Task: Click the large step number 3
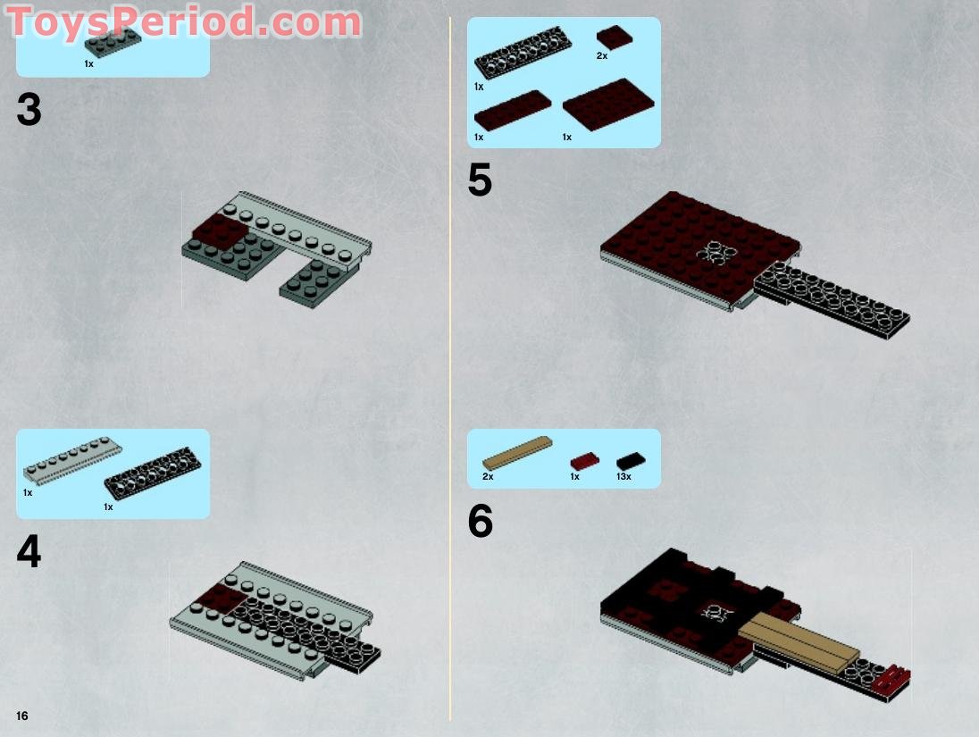tap(29, 111)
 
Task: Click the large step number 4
tap(29, 552)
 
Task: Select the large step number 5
tap(480, 181)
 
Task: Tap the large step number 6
tap(480, 523)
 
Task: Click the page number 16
tap(21, 716)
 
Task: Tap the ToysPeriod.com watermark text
tap(184, 21)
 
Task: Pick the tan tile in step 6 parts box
tap(516, 452)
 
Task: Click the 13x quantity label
tap(623, 477)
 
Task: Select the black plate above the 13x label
tap(631, 461)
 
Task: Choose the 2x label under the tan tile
tap(488, 477)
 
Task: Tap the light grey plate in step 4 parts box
tap(72, 460)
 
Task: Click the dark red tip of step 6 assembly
tap(894, 678)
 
